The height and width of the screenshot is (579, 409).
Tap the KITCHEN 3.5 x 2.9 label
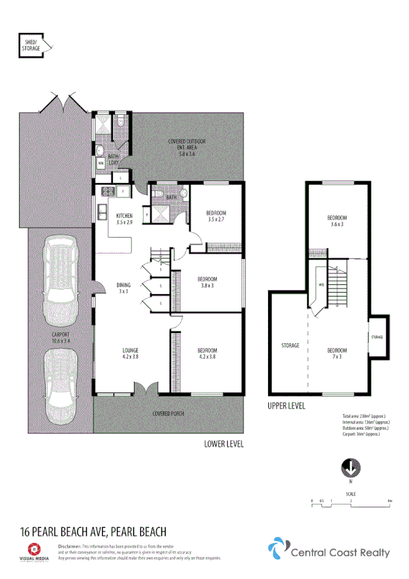[x=124, y=218]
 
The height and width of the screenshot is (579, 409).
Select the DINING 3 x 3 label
[x=123, y=288]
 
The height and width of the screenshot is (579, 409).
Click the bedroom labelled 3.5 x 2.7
[x=216, y=216]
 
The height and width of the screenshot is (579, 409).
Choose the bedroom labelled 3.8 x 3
[x=207, y=282]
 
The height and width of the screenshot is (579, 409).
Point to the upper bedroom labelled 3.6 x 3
[x=336, y=220]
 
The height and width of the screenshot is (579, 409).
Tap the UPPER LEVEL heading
[x=286, y=406]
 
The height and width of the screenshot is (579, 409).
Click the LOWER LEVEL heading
[x=224, y=444]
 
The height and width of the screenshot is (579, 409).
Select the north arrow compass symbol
[x=350, y=468]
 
